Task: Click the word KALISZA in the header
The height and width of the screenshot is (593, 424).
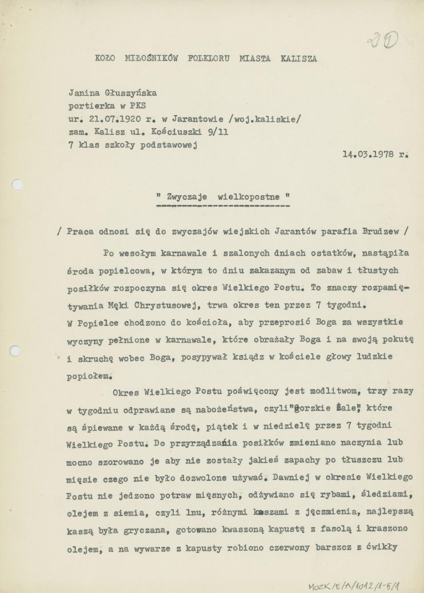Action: [299, 58]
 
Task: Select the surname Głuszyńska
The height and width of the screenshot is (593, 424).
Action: [130, 93]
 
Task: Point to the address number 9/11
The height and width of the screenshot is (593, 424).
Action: [218, 132]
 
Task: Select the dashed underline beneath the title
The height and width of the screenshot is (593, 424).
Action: [223, 206]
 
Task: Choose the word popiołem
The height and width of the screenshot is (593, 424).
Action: [88, 376]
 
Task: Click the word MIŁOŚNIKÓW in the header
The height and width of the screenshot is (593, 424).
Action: [151, 58]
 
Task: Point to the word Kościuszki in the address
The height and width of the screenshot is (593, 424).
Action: [176, 132]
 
